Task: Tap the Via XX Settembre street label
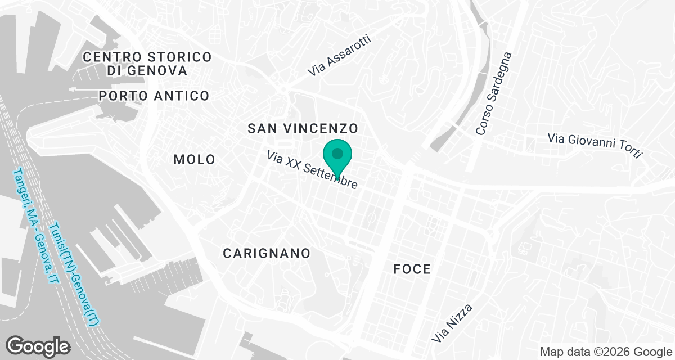[x=312, y=169]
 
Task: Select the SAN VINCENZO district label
[x=303, y=128]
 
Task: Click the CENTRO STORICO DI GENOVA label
[x=147, y=64]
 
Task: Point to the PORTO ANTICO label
[x=154, y=96]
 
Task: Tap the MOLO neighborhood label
[x=194, y=159]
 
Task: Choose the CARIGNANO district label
[x=267, y=253]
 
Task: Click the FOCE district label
[x=412, y=269]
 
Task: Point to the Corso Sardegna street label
[x=493, y=94]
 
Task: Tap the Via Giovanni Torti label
[x=595, y=146]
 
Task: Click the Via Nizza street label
[x=452, y=323]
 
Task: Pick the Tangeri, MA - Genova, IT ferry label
[x=35, y=227]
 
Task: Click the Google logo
[x=38, y=346]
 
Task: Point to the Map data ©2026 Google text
[x=605, y=352]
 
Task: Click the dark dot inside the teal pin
[x=337, y=153]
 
